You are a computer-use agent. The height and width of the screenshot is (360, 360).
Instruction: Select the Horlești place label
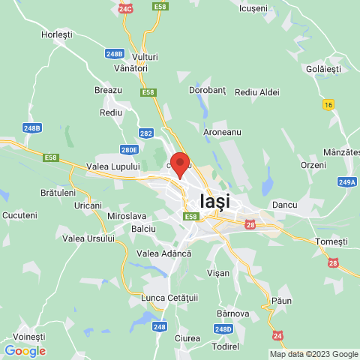coord(57,34)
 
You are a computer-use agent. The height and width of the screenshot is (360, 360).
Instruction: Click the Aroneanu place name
coord(222,131)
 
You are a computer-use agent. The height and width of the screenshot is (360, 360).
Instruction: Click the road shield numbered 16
coord(328,103)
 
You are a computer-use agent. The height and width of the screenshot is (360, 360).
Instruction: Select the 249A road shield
coord(346,181)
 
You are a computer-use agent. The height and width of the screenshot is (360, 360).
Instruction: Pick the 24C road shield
coord(125,8)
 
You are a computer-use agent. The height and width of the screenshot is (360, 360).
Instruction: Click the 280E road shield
coord(129,149)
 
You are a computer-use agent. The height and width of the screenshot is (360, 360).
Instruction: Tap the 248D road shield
coord(223,328)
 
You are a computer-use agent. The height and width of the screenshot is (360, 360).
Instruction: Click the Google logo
coord(25,350)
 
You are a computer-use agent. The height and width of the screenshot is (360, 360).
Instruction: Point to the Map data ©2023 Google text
coord(313,354)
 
